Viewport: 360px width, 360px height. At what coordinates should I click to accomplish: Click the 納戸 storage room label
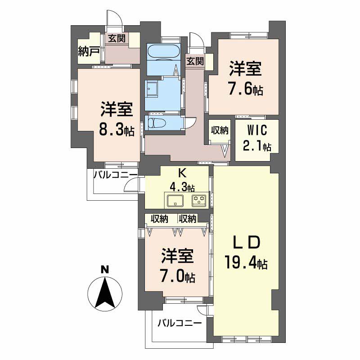pos(89,50)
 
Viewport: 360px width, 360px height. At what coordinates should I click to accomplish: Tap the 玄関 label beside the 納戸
pos(117,39)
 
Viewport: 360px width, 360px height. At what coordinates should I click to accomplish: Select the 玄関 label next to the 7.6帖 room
pos(194,61)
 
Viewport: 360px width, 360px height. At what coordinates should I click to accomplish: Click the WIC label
pos(257,131)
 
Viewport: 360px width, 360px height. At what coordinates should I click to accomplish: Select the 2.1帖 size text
pos(257,146)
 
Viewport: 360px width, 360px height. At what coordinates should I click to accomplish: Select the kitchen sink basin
pos(175,200)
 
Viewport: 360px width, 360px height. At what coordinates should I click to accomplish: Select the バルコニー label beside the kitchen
pos(112,175)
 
